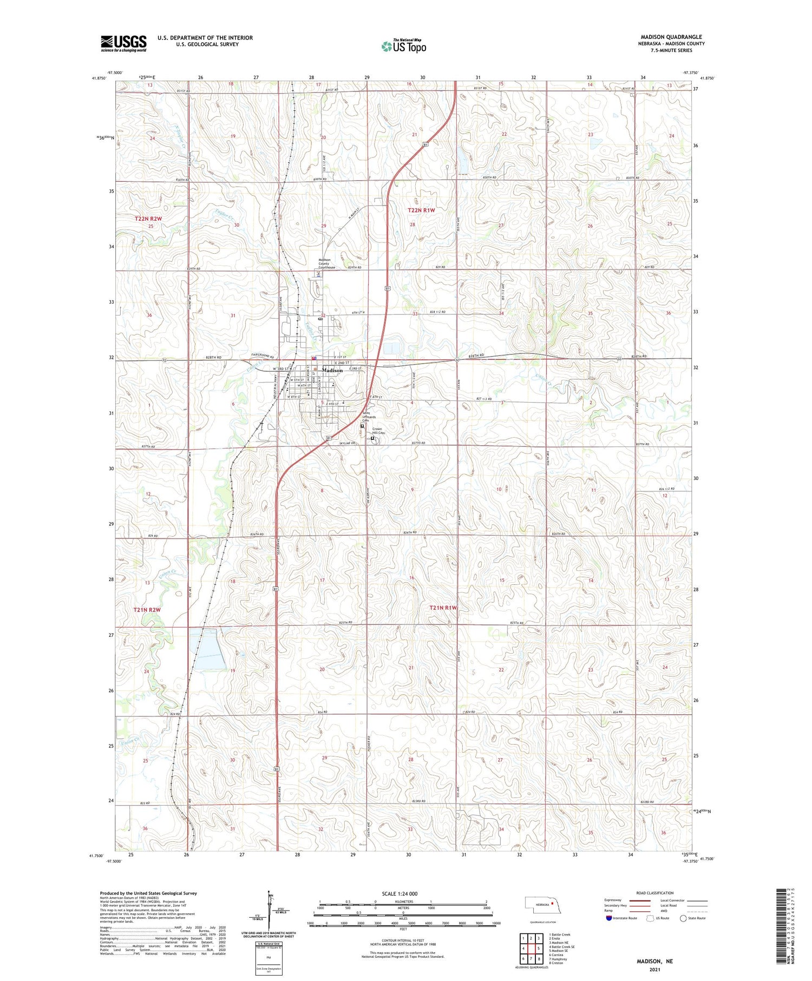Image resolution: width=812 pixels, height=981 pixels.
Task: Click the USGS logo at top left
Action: tap(123, 43)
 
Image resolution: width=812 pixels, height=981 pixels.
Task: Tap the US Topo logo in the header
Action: tap(403, 46)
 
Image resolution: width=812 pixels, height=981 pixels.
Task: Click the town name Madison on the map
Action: tap(332, 370)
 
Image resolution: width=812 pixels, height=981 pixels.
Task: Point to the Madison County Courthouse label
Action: tap(326, 264)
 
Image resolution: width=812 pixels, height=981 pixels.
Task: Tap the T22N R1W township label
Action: tap(421, 209)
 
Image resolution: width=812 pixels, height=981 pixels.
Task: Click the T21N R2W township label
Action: tap(147, 610)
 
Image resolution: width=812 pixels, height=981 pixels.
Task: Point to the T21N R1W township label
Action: tap(443, 608)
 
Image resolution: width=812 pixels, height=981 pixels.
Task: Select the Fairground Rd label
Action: tap(263, 355)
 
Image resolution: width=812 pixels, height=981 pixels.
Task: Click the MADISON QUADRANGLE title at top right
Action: tap(671, 37)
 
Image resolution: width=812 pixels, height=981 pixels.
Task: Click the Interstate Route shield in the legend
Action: tap(609, 918)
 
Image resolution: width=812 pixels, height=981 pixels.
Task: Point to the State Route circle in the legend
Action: tap(683, 918)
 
